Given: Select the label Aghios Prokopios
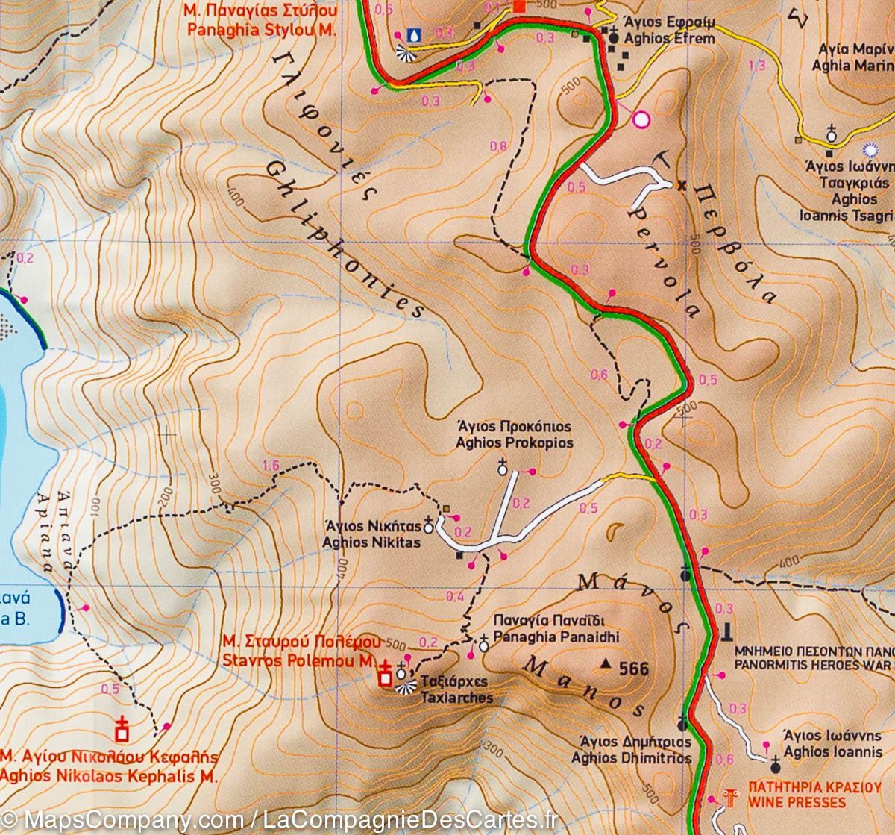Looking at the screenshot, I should tap(515, 442).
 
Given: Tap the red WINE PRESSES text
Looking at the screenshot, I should tap(797, 803).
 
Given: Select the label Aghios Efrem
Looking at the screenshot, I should tap(668, 38).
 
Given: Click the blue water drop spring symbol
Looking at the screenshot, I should tap(413, 34).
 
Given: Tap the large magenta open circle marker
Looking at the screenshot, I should tap(641, 119).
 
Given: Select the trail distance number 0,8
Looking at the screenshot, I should tap(498, 146).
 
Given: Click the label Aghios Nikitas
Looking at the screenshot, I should tap(371, 542).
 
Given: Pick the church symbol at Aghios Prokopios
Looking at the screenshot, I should tap(503, 468).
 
